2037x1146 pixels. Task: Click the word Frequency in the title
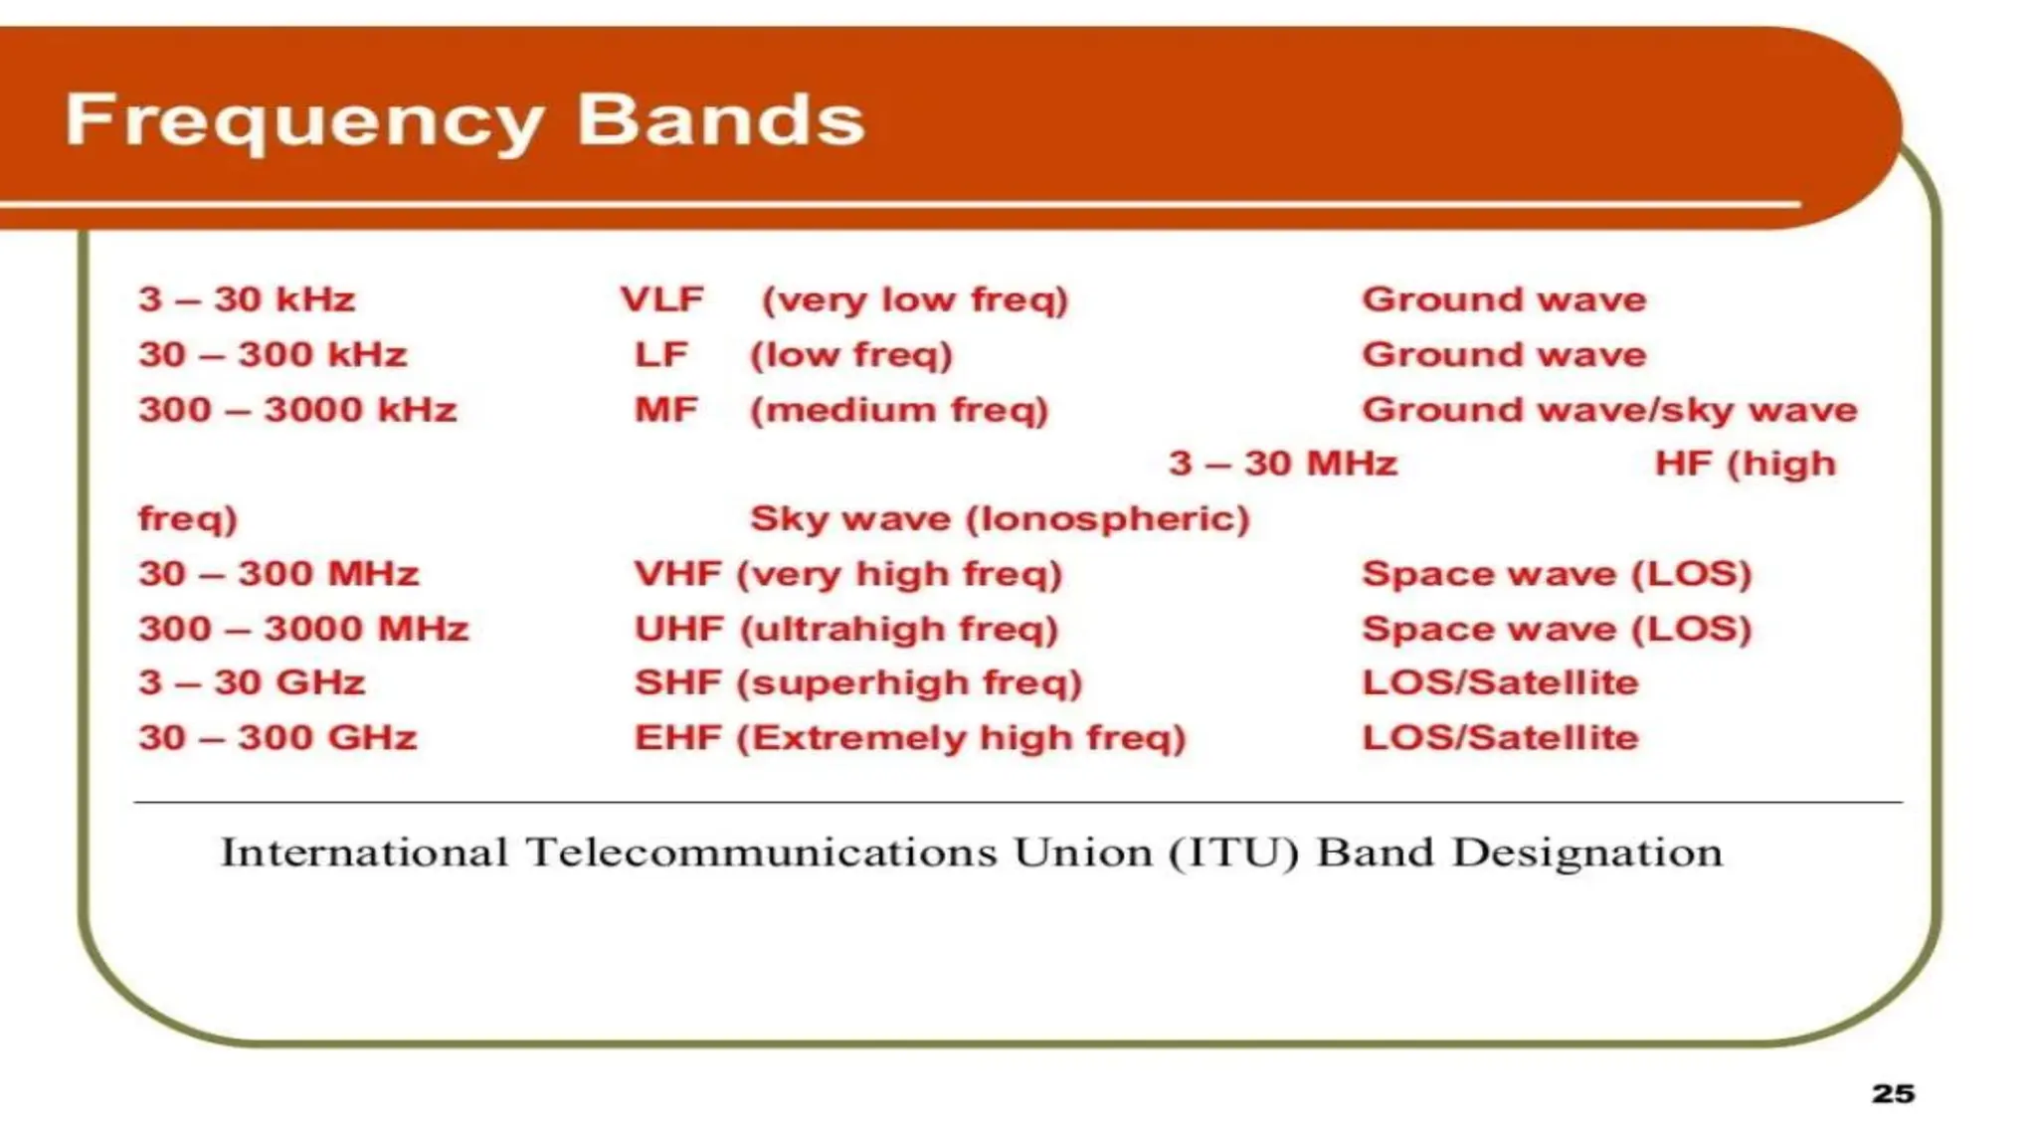coord(303,121)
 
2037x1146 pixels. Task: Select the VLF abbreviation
coord(661,299)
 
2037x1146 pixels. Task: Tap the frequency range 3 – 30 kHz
coord(247,299)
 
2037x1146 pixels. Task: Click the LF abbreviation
coord(661,355)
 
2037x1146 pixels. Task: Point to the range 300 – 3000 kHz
coord(297,410)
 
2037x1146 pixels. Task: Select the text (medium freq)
coord(899,410)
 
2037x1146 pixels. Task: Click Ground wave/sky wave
coord(1608,410)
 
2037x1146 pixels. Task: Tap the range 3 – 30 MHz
coord(1282,464)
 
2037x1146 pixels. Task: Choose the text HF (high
coord(1745,464)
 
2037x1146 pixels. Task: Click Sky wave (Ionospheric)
coord(999,519)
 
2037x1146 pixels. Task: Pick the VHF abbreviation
coord(677,574)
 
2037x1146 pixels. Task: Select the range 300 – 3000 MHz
coord(303,629)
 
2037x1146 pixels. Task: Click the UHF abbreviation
coord(679,629)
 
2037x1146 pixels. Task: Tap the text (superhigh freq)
coord(909,683)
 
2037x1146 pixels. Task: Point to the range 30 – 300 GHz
coord(278,738)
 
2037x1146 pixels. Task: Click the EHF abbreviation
coord(677,738)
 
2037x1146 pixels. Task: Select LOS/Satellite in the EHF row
coord(1499,738)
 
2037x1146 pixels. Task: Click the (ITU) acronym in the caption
coord(1233,854)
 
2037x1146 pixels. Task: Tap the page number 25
coord(1892,1093)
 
